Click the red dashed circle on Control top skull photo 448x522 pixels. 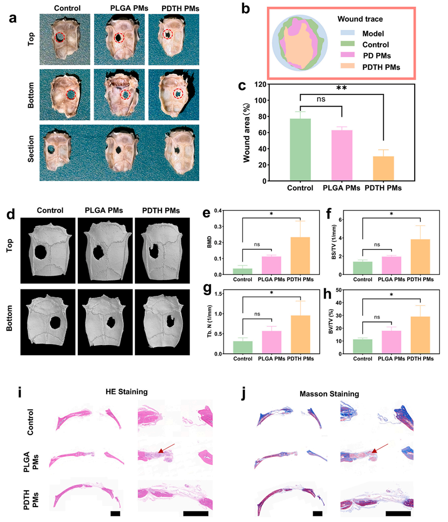point(60,38)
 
